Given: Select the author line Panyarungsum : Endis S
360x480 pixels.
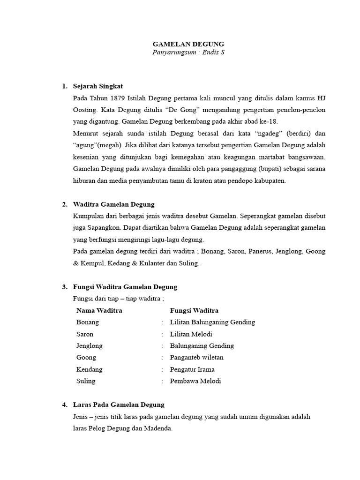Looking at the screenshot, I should (188, 52).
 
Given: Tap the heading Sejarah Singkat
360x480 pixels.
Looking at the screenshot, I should (98, 86).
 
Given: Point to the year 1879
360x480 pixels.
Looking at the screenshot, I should (118, 98).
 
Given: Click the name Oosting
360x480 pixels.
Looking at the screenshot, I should (84, 110).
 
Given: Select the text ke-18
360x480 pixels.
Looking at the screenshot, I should (269, 121).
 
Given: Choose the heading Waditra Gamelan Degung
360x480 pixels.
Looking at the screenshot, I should (114, 204).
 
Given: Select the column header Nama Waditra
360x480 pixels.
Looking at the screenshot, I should (99, 310).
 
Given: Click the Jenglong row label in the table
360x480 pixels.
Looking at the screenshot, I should (89, 345).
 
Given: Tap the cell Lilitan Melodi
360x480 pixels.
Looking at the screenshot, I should (191, 334).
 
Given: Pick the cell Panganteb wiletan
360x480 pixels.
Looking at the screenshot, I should (197, 357).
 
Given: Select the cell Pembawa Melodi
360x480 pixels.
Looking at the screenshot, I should (195, 381).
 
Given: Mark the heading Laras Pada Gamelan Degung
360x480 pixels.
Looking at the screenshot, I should (119, 405).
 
